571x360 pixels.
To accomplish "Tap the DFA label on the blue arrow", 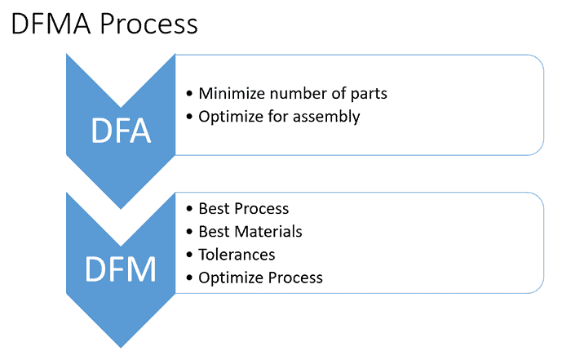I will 121,131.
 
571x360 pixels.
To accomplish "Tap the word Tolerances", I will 237,255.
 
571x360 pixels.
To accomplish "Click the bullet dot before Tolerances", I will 190,256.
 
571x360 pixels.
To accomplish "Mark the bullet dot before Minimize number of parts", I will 190,94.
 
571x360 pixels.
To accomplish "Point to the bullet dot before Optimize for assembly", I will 190,117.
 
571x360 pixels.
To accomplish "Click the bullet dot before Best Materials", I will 190,233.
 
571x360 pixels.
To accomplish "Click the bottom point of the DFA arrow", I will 121,208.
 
